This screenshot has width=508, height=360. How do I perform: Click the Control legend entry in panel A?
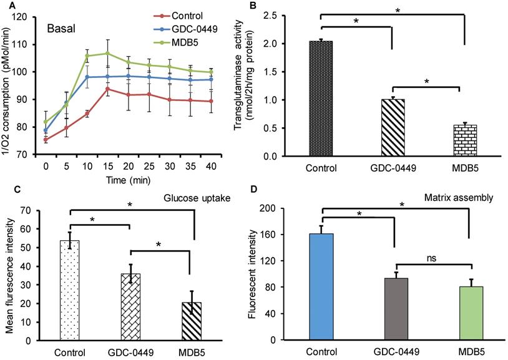click(x=180, y=16)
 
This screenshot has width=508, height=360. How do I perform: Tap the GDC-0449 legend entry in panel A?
click(x=184, y=29)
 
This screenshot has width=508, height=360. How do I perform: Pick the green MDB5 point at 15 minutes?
click(x=108, y=53)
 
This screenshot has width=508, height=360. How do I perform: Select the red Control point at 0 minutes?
click(x=46, y=140)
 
